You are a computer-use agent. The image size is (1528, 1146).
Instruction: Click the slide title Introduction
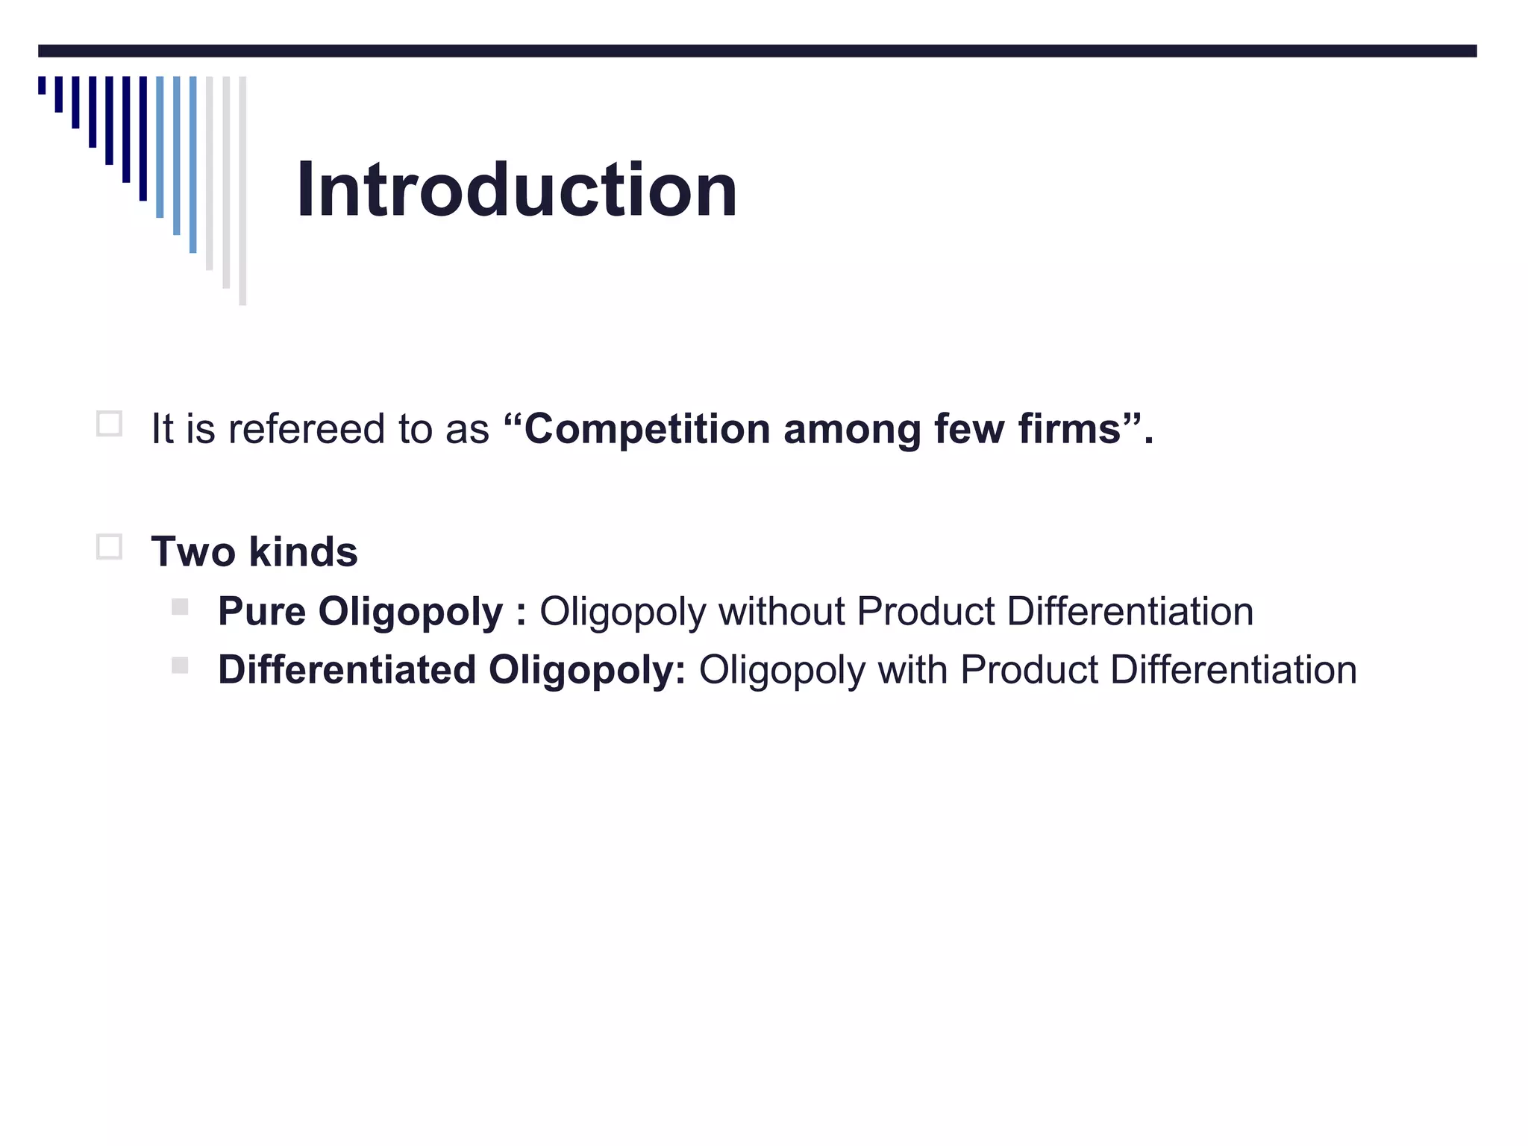pyautogui.click(x=516, y=190)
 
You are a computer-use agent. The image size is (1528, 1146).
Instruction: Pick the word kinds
pyautogui.click(x=303, y=552)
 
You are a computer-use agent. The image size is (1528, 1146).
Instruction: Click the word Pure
pyautogui.click(x=261, y=612)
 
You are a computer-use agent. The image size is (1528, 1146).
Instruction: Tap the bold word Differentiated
pyautogui.click(x=347, y=670)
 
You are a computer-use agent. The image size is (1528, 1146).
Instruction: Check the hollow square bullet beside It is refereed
pyautogui.click(x=110, y=424)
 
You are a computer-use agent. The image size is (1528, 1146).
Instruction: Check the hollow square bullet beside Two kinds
pyautogui.click(x=110, y=547)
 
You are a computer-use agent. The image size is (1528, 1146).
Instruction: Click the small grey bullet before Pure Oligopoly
pyautogui.click(x=180, y=607)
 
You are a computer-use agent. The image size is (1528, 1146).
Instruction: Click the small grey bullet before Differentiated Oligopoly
pyautogui.click(x=180, y=665)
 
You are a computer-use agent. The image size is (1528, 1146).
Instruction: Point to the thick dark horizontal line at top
pyautogui.click(x=757, y=51)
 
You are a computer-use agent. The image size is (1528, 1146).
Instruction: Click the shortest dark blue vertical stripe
pyautogui.click(x=43, y=85)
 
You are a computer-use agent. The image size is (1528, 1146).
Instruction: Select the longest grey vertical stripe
pyautogui.click(x=242, y=190)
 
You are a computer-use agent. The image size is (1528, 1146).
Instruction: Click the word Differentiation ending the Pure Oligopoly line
pyautogui.click(x=1130, y=612)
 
